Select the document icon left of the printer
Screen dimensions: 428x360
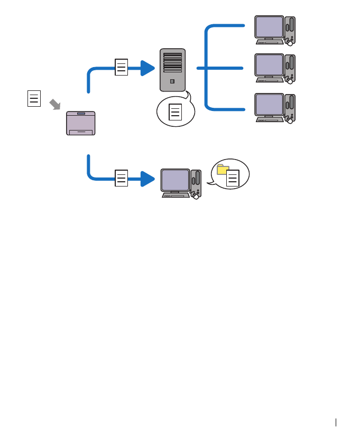(x=34, y=99)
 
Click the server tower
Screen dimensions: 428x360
(x=172, y=70)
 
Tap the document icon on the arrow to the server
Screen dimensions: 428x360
(x=121, y=69)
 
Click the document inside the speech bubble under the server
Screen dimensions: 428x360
(x=176, y=113)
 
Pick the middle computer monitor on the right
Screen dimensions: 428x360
(x=269, y=66)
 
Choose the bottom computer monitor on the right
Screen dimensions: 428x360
(x=269, y=106)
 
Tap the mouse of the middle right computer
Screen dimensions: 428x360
(x=290, y=81)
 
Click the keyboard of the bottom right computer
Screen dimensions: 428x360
(x=270, y=120)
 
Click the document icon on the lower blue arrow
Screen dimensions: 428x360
(x=122, y=179)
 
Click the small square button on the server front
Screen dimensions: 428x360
(x=172, y=82)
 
